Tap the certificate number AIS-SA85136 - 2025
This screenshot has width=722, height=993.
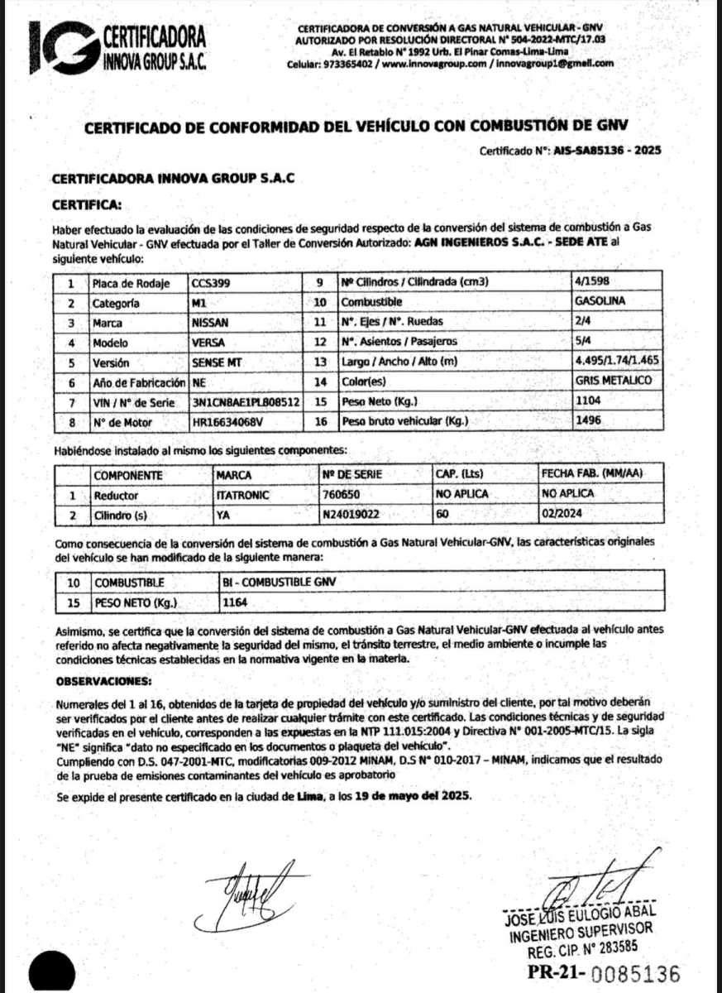pos(611,151)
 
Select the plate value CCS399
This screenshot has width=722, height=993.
pos(211,283)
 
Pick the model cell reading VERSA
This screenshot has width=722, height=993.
pos(208,343)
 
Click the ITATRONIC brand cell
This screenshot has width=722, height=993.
pos(242,495)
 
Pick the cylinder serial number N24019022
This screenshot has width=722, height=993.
pos(351,514)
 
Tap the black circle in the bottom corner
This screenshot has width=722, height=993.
pos(50,971)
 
